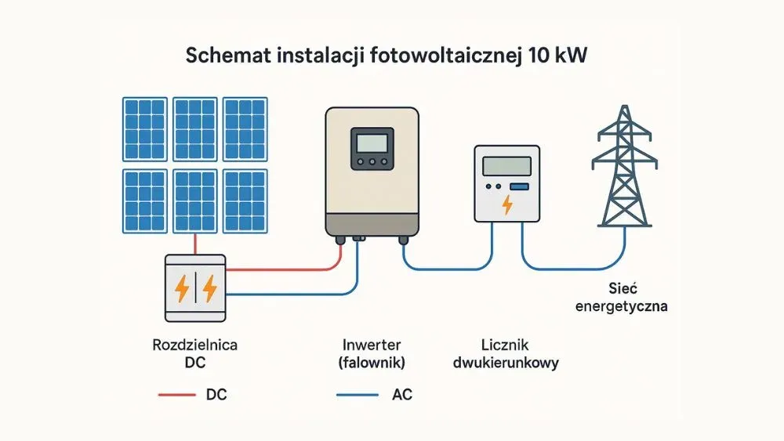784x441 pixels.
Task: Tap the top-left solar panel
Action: point(144,128)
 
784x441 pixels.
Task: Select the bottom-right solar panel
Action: point(245,201)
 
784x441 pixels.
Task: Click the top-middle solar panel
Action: point(194,128)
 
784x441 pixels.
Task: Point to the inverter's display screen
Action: point(372,143)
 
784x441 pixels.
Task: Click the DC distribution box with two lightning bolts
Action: point(195,288)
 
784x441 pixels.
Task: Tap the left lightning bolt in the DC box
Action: point(182,289)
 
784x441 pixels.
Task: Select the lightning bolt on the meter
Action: point(507,205)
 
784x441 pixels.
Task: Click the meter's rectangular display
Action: point(506,166)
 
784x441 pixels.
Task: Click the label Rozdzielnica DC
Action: point(195,353)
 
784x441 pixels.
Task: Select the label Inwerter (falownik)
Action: point(372,353)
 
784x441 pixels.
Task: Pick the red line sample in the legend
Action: point(176,395)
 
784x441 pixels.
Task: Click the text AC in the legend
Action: point(401,395)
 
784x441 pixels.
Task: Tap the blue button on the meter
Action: point(519,186)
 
